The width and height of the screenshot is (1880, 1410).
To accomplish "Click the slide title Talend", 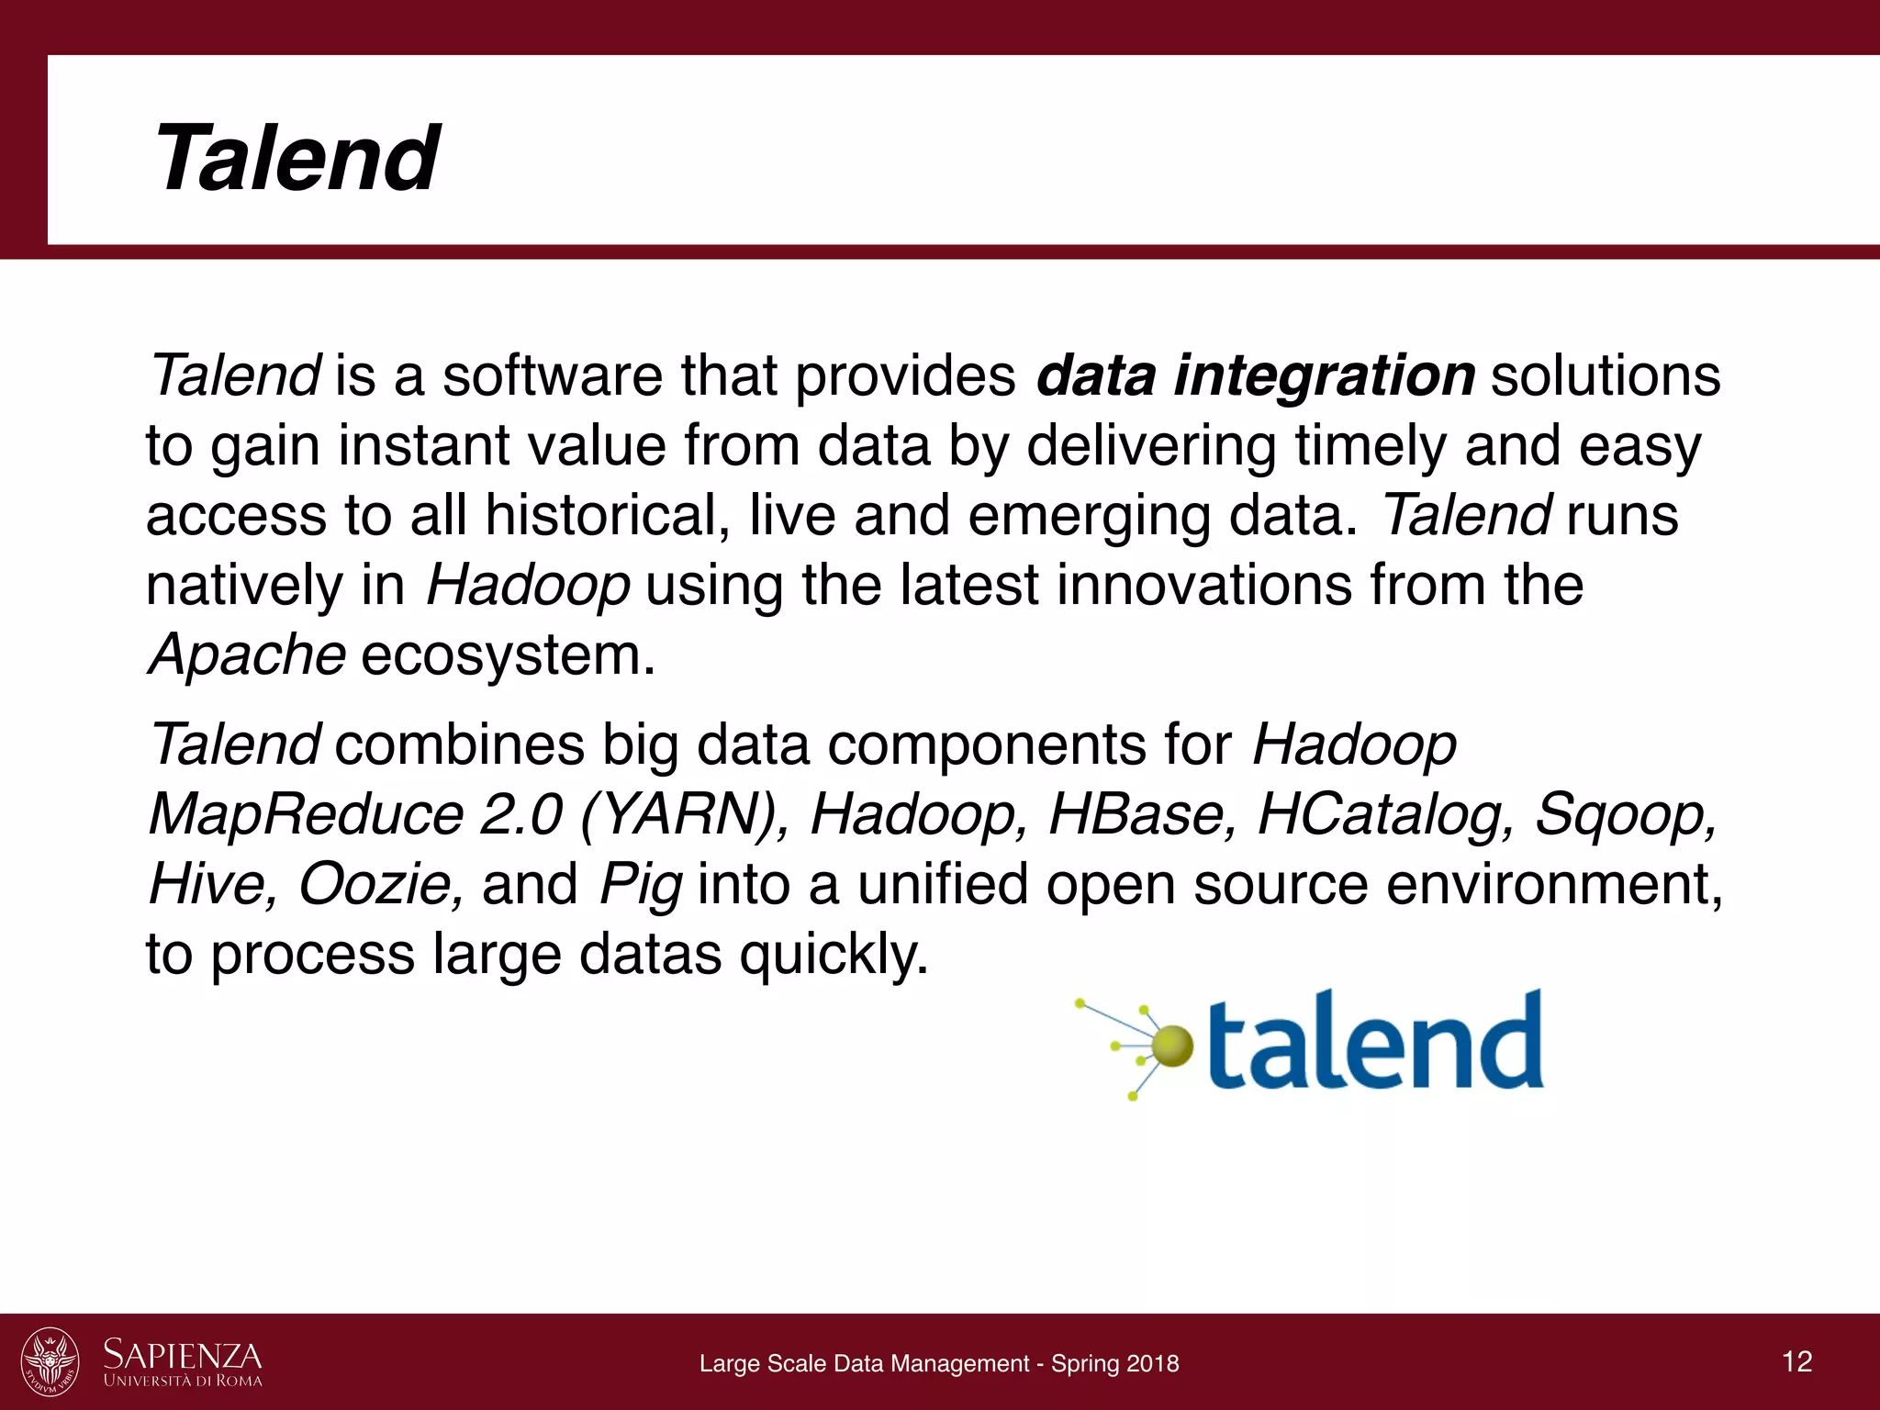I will coord(297,159).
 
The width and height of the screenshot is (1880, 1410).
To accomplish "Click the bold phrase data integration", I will coord(1255,376).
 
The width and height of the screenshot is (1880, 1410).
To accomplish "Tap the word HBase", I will coord(1142,814).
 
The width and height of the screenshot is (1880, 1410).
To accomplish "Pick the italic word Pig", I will coord(640,886).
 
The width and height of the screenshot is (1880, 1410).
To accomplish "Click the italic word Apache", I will coord(247,655).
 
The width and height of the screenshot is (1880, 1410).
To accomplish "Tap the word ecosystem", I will coord(508,655).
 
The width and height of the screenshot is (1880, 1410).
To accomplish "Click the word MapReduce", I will coord(307,814).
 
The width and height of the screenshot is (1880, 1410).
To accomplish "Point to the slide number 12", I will coord(1796,1361).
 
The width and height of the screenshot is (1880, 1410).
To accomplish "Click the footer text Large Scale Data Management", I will coord(864,1363).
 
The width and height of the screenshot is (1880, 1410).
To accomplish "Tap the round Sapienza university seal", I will coord(50,1361).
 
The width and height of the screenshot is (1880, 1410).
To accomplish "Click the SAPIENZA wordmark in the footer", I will coord(183,1355).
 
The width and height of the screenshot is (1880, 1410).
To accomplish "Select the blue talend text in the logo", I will coord(1374,1042).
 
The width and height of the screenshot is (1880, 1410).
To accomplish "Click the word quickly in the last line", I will coord(834,955).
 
